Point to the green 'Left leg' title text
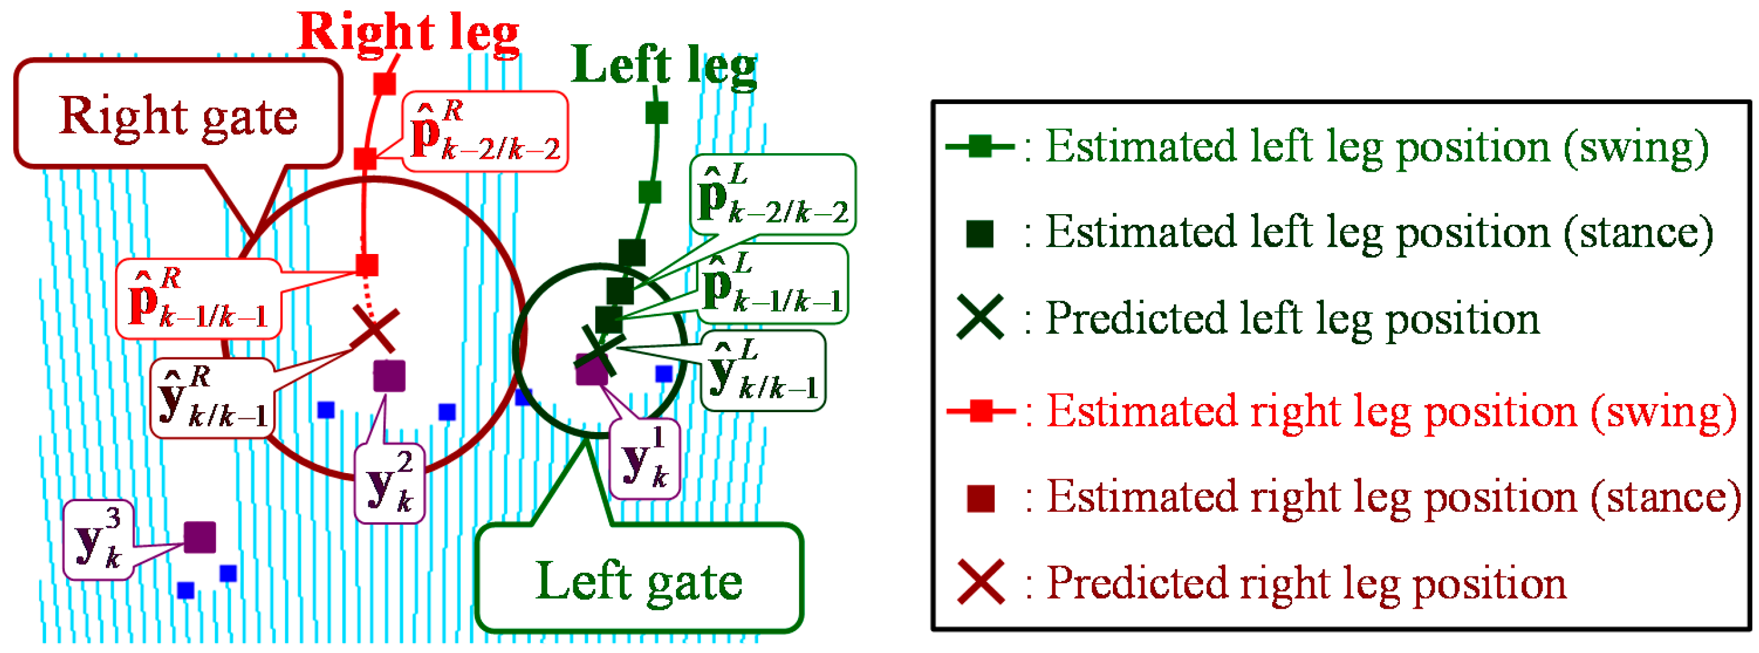[x=664, y=65]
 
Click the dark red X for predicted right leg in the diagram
[x=375, y=330]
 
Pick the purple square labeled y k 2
[x=389, y=376]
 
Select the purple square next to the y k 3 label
[x=200, y=537]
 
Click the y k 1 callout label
[x=645, y=459]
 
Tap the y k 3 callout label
[x=98, y=540]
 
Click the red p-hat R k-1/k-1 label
[x=198, y=300]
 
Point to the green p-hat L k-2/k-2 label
[x=773, y=195]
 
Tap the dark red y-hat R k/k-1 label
[x=213, y=398]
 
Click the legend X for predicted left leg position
[x=980, y=317]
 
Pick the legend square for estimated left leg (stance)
[x=980, y=233]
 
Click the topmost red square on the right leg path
[x=385, y=83]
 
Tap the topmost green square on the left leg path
[x=656, y=112]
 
